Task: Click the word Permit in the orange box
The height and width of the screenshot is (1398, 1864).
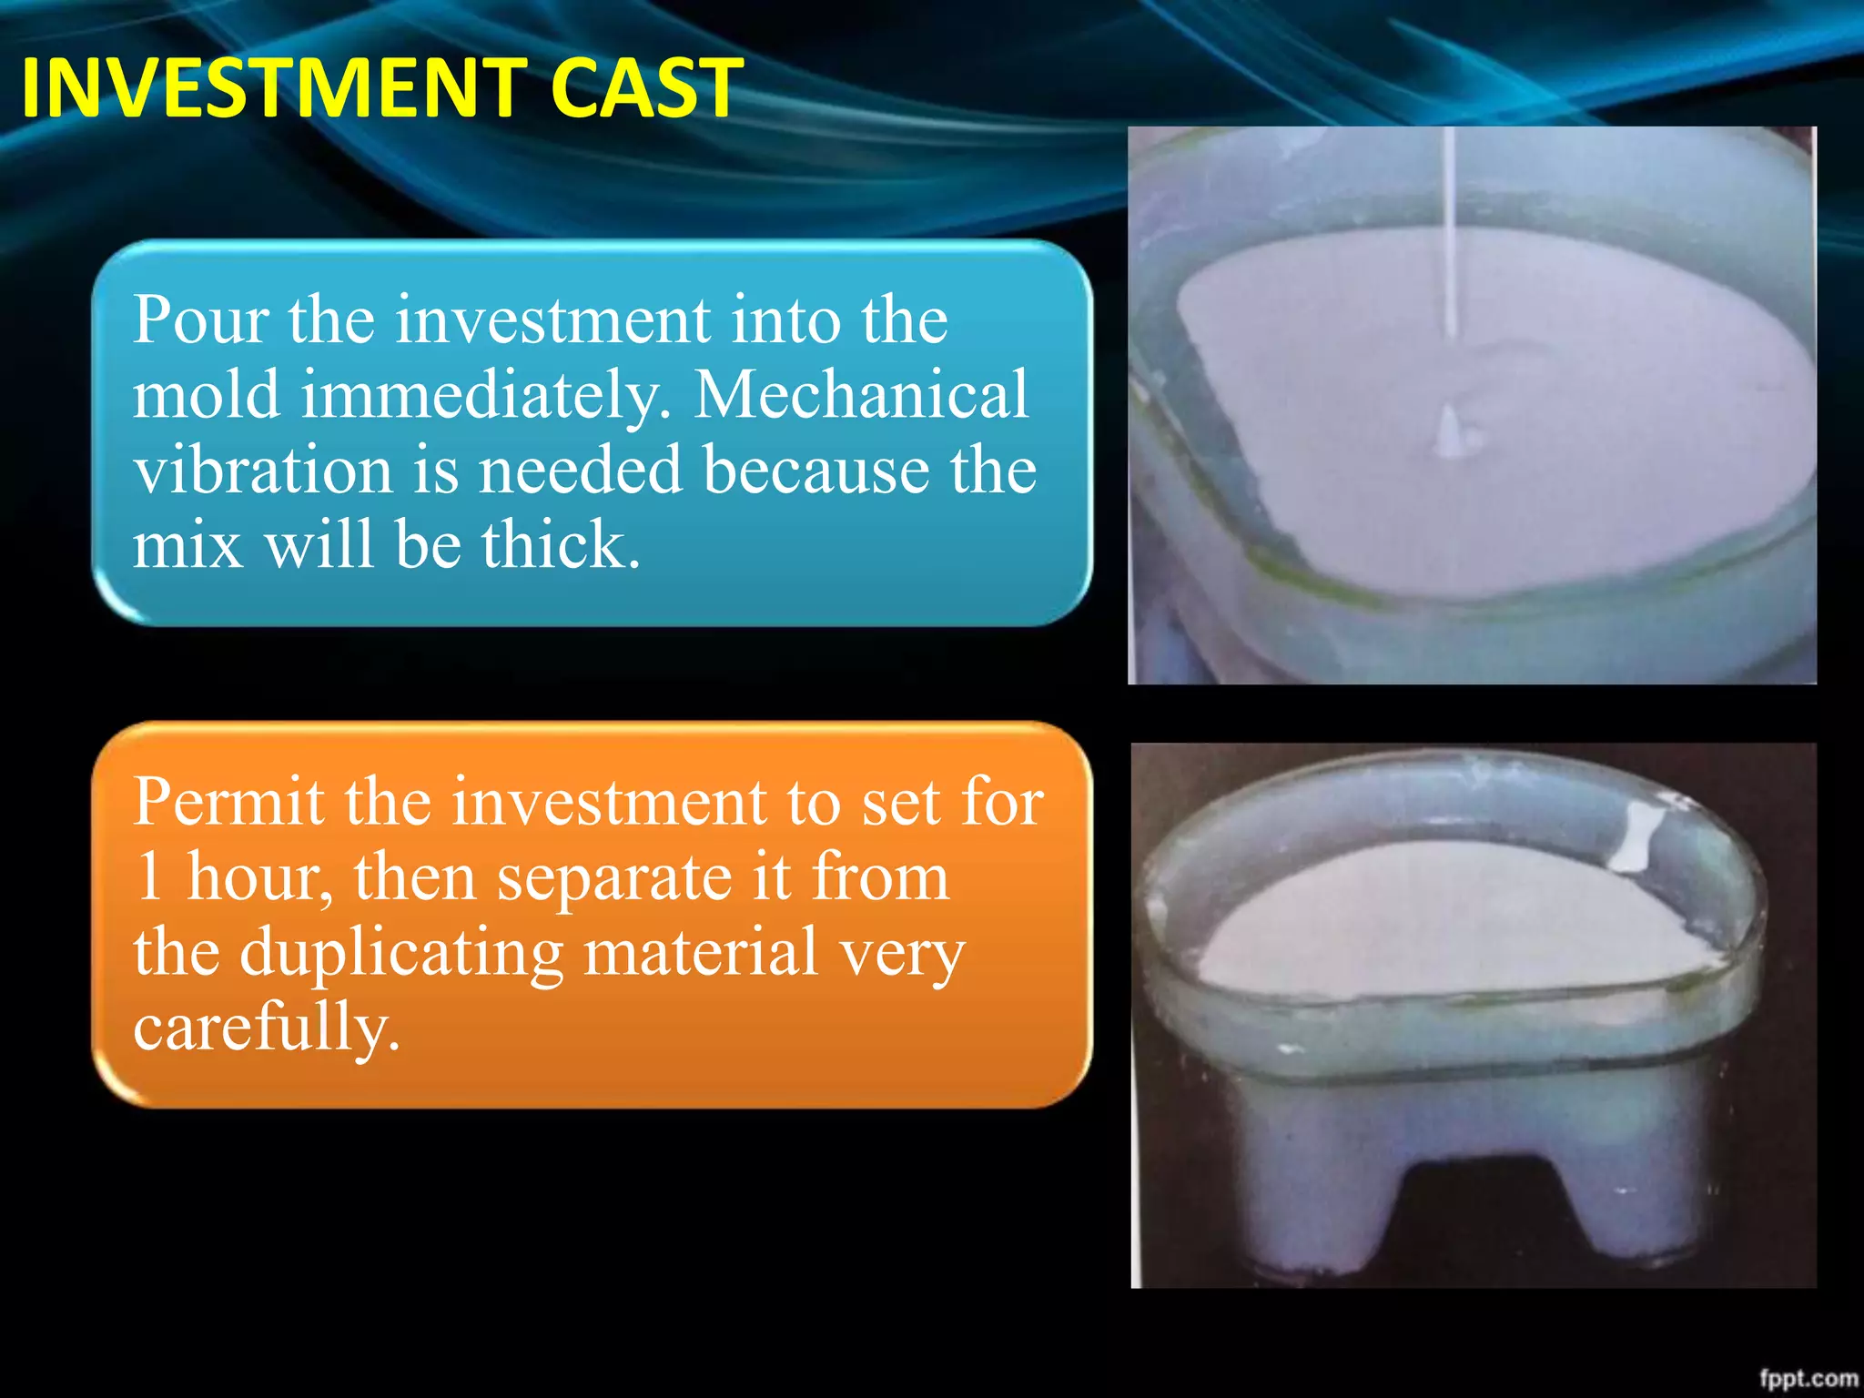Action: pos(228,803)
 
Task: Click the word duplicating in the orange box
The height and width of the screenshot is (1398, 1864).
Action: pos(401,954)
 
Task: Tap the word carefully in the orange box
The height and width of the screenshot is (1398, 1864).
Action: pos(266,1028)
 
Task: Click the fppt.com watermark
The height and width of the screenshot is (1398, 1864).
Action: pos(1808,1378)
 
